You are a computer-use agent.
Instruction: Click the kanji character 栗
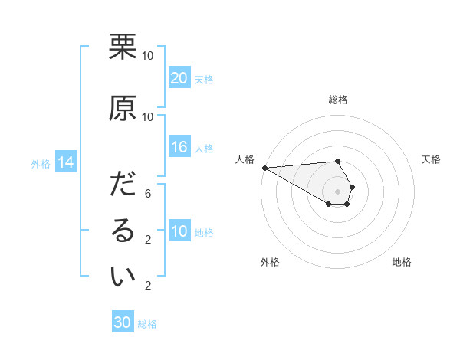tap(123, 47)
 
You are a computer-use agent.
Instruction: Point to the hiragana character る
tap(123, 232)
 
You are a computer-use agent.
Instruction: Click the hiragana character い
tap(123, 278)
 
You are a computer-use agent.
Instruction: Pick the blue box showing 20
tap(179, 78)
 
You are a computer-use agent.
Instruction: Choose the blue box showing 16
tap(179, 147)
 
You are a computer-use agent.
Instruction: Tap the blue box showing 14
tap(65, 162)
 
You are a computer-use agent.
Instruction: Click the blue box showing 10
tap(179, 231)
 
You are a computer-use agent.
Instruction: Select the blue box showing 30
tap(122, 322)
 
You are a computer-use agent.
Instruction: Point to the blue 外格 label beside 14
tap(40, 163)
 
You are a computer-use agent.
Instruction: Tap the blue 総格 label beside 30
tap(147, 324)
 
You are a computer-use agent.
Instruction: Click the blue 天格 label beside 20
tap(204, 79)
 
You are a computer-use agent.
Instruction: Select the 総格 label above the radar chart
tap(338, 100)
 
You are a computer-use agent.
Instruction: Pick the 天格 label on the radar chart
tap(432, 159)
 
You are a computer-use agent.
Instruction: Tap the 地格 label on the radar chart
tap(402, 262)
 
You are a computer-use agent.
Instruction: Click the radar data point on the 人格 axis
tap(264, 167)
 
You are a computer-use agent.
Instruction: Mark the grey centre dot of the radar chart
tap(338, 191)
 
